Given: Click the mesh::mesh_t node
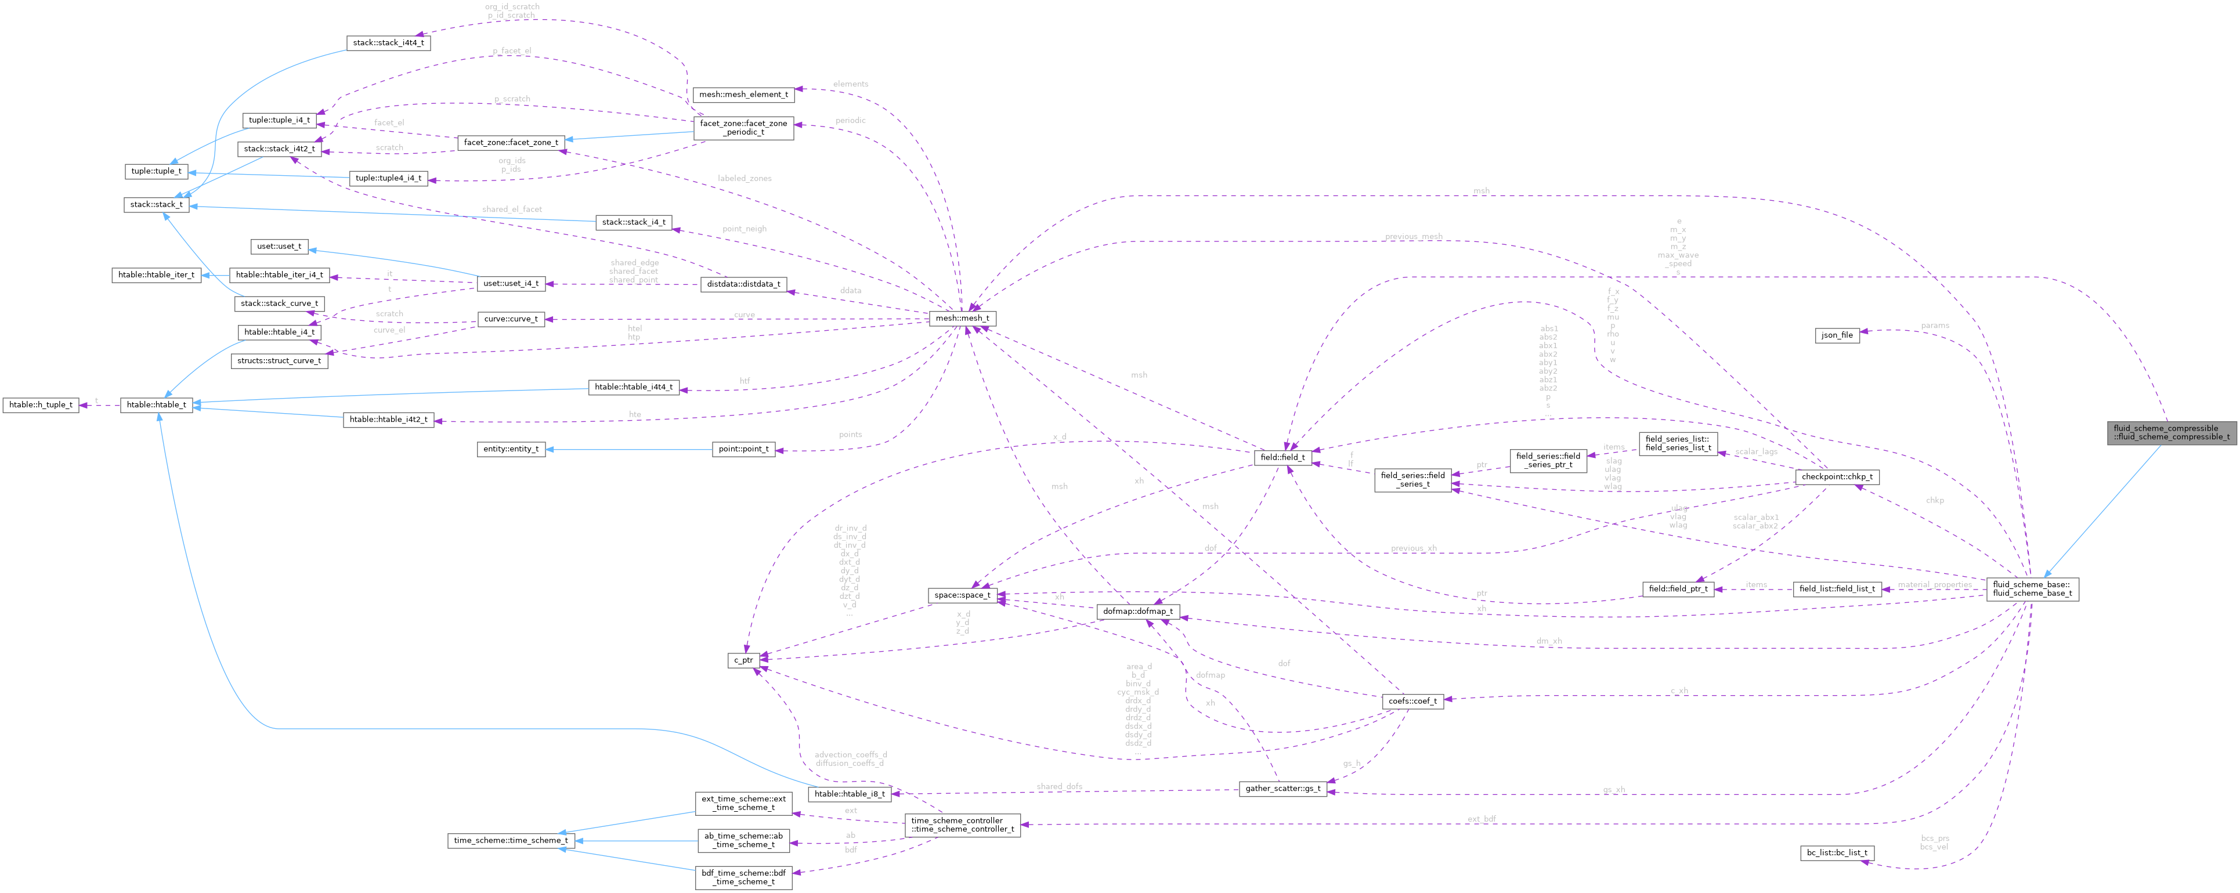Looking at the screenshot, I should (x=961, y=318).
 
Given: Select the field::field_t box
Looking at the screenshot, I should (x=1282, y=457).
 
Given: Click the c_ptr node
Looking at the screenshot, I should (x=743, y=660).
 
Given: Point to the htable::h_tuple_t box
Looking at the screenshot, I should (x=41, y=404).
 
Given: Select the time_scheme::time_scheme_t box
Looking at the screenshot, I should (x=511, y=840).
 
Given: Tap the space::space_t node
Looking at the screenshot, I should (x=961, y=595).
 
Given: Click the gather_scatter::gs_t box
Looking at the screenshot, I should (x=1282, y=789).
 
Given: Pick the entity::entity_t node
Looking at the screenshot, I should (x=511, y=449).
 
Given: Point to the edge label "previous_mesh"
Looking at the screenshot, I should (x=1413, y=237).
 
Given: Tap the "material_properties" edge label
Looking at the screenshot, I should (x=1934, y=584).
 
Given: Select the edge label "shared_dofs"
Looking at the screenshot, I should (x=1059, y=786).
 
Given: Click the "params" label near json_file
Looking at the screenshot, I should (x=1934, y=325).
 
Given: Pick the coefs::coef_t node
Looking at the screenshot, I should (x=1412, y=701).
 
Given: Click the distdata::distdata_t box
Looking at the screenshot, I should (x=743, y=284).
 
